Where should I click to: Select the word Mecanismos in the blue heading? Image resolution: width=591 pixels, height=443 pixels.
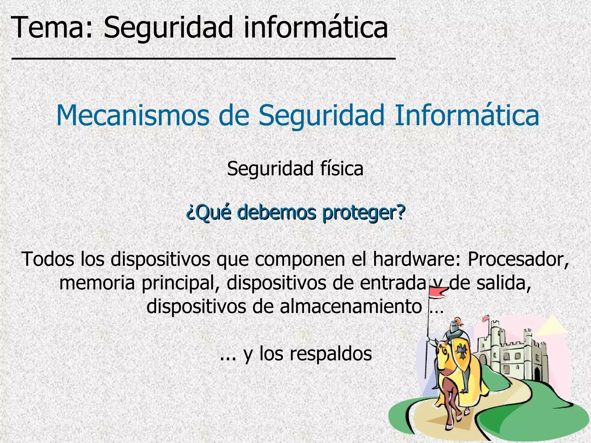tap(132, 115)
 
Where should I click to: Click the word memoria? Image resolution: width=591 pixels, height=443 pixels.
tap(97, 283)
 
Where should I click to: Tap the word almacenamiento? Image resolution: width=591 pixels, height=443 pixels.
tap(350, 306)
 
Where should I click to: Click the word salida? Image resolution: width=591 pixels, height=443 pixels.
tap(504, 283)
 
